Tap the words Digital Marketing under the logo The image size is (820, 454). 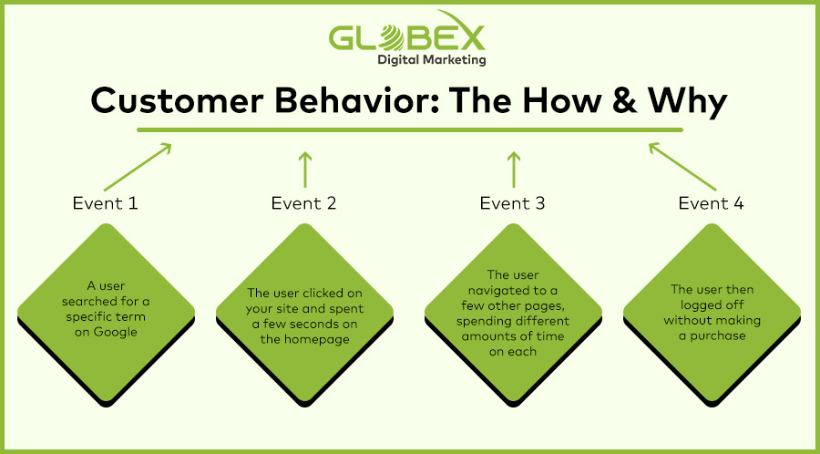tap(432, 60)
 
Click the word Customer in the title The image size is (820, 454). tap(178, 101)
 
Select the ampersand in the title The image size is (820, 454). tap(622, 101)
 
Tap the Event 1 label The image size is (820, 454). tap(105, 203)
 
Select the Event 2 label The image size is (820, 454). tap(303, 203)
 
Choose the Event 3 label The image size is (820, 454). tap(512, 203)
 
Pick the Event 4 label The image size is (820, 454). tap(712, 203)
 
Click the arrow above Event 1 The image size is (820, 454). tap(138, 167)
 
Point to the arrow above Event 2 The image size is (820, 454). tap(305, 170)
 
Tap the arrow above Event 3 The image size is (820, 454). tap(514, 170)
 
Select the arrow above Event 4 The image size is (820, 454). tap(682, 167)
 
